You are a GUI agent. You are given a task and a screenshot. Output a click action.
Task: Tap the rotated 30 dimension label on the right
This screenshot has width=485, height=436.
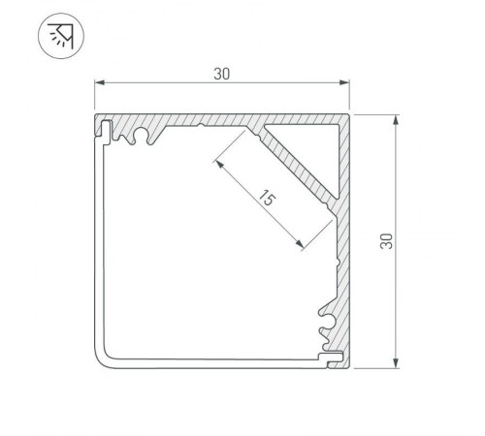pyautogui.click(x=386, y=241)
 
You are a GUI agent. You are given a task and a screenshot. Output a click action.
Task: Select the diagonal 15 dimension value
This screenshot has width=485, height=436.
pyautogui.click(x=269, y=202)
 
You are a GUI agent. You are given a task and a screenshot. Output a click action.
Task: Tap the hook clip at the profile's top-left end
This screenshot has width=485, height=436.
pyautogui.click(x=103, y=127)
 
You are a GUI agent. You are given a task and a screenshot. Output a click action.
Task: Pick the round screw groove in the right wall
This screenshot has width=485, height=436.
pyautogui.click(x=327, y=319)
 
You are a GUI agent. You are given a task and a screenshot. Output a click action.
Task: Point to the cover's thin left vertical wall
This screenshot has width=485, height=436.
pyautogui.click(x=96, y=242)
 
